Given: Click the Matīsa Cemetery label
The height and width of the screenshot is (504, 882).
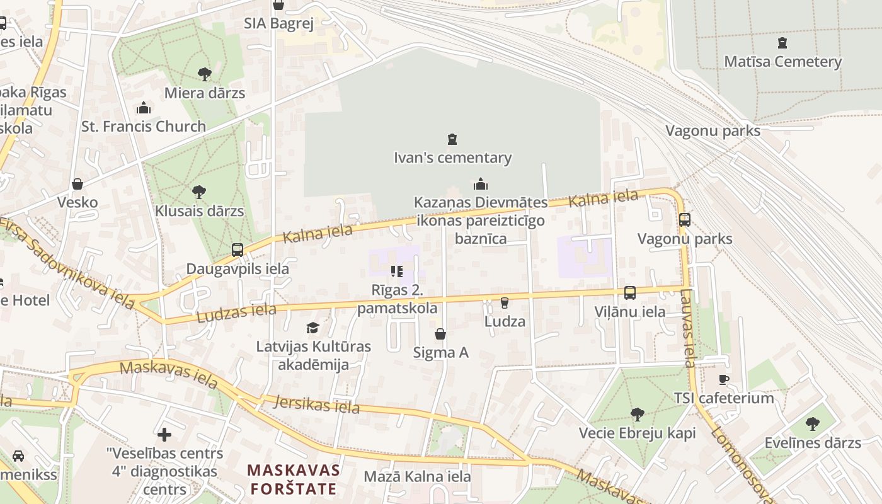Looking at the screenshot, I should [x=782, y=62].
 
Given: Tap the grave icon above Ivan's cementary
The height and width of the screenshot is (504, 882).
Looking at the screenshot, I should [x=452, y=139].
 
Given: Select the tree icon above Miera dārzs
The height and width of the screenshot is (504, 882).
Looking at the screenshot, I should [x=204, y=74].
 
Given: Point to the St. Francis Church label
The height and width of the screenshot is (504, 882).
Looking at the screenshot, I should [x=144, y=126].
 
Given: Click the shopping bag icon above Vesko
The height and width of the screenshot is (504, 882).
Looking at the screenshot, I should [x=77, y=184].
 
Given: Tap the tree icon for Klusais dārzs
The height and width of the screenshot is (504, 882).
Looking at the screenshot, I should [x=199, y=192].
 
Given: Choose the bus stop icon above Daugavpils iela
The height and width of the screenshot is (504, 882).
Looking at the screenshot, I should [x=238, y=250].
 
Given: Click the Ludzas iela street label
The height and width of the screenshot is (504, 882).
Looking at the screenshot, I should [x=236, y=313].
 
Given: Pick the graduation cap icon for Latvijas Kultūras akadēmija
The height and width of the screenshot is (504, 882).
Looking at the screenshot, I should [x=312, y=328].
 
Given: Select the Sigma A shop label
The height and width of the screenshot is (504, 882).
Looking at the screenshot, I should [x=440, y=353].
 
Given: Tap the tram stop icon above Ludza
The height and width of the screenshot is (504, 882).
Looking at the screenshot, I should [x=504, y=303].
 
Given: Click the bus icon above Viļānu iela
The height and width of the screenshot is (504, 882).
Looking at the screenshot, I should [x=629, y=293].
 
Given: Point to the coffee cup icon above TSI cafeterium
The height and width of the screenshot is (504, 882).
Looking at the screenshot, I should [x=724, y=379].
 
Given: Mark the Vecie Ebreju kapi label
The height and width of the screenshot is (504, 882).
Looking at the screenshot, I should [x=637, y=433].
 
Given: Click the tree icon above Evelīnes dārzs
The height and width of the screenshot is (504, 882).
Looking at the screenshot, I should [x=812, y=424].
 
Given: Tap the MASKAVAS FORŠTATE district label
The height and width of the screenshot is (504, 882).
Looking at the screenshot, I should [x=294, y=479].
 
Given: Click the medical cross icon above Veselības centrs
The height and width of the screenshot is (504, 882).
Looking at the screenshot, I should [x=164, y=435].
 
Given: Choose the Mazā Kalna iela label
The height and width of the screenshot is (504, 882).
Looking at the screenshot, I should [x=417, y=476].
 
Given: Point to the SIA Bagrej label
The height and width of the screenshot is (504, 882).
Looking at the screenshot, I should [x=278, y=24].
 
